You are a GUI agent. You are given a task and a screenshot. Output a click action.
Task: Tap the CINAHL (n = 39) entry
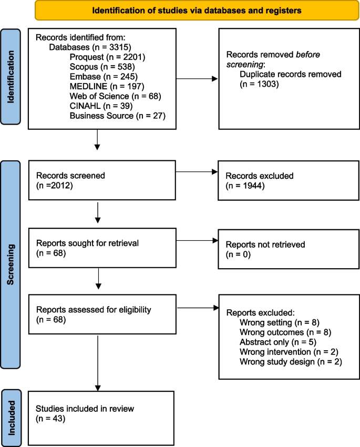[x=97, y=106]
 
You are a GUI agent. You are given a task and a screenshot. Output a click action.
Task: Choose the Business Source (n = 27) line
[x=117, y=115]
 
